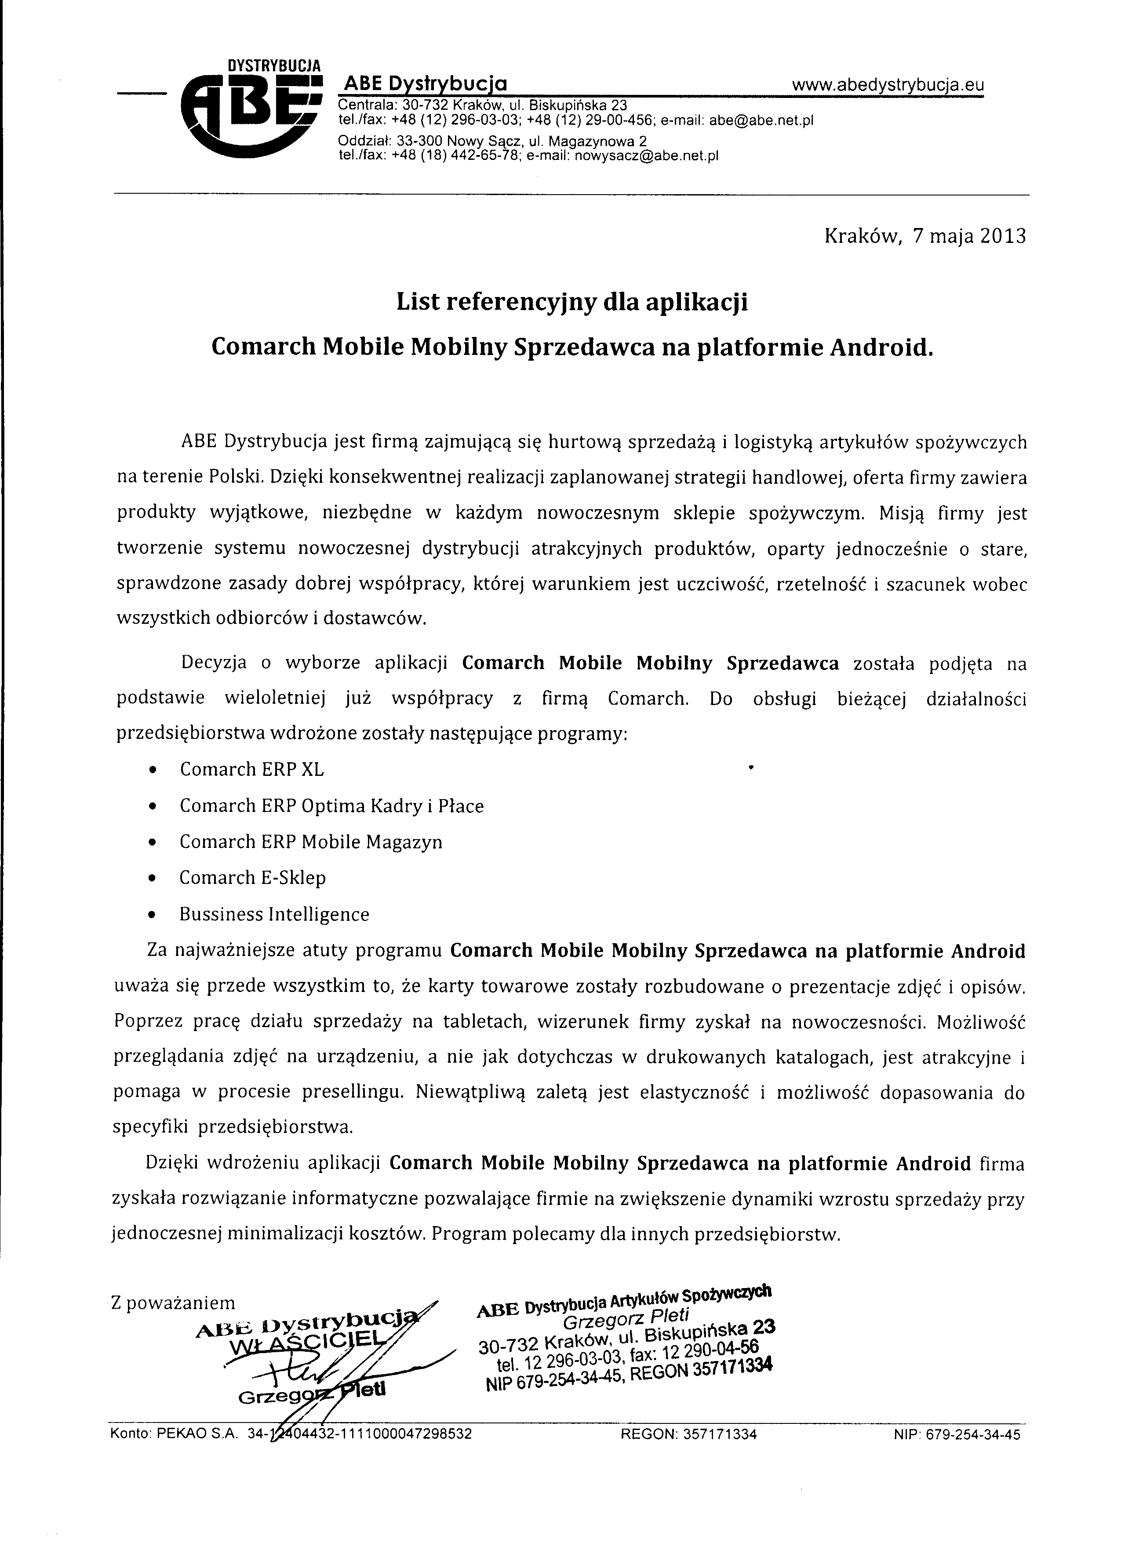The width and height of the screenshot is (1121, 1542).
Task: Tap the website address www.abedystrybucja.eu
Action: [888, 85]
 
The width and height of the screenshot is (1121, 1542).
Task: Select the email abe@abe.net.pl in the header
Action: [761, 120]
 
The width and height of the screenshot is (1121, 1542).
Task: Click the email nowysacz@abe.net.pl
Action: [646, 156]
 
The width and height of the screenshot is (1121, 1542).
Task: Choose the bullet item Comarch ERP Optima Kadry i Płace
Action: [331, 806]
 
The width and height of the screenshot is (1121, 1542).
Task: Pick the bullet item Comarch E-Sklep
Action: [252, 878]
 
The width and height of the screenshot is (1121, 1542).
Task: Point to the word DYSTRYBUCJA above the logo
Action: [273, 66]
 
